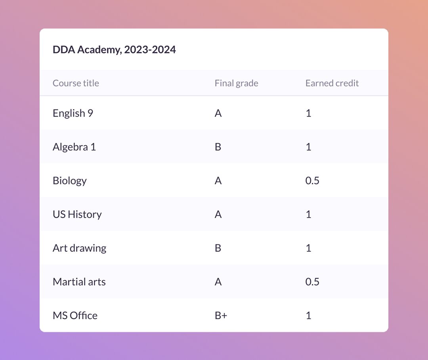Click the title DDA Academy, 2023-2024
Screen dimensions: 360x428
pyautogui.click(x=114, y=50)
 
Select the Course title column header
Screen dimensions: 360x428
pyautogui.click(x=76, y=83)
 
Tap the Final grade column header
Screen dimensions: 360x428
pyautogui.click(x=236, y=83)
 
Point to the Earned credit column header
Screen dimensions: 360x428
pyautogui.click(x=332, y=83)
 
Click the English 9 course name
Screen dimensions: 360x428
pyautogui.click(x=73, y=113)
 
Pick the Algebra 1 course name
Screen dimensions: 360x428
pyautogui.click(x=74, y=147)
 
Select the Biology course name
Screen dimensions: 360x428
pyautogui.click(x=69, y=181)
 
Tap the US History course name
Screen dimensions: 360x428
pyautogui.click(x=77, y=214)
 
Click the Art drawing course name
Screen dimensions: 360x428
pyautogui.click(x=79, y=248)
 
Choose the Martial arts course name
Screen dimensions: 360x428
pyautogui.click(x=79, y=282)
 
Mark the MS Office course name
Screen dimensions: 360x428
pyautogui.click(x=75, y=316)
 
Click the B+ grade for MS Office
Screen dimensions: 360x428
pyautogui.click(x=221, y=316)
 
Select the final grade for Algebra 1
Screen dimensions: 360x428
pyautogui.click(x=218, y=147)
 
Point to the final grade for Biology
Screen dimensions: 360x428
pyautogui.click(x=218, y=181)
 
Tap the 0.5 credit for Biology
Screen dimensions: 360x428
pyautogui.click(x=312, y=181)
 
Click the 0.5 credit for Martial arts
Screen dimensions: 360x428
pyautogui.click(x=312, y=282)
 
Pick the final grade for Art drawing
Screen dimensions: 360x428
pyautogui.click(x=218, y=248)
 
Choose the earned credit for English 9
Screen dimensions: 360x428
pyautogui.click(x=308, y=113)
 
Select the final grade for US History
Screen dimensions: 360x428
pyautogui.click(x=218, y=214)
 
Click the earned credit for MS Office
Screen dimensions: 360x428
pyautogui.click(x=308, y=316)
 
